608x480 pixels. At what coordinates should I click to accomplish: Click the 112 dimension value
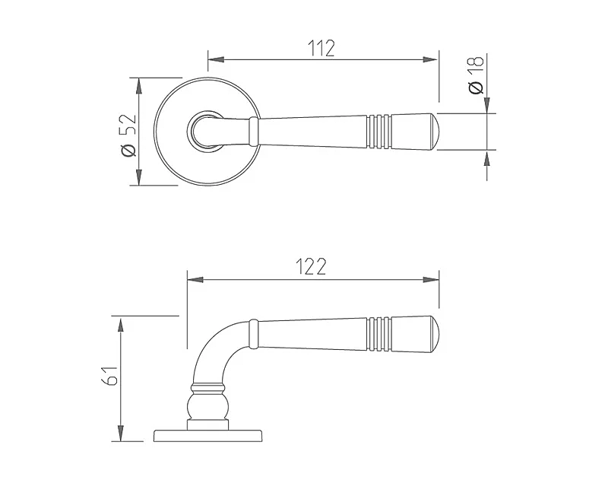point(321,48)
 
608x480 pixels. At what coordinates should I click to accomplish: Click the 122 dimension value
point(311,266)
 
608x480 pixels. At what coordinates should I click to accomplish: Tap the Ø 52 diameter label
point(128,135)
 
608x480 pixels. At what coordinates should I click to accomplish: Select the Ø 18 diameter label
point(477,75)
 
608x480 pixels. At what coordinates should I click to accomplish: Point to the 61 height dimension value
point(109,376)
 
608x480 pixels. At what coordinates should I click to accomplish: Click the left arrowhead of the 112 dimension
point(216,59)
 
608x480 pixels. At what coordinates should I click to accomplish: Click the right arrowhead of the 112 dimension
point(430,59)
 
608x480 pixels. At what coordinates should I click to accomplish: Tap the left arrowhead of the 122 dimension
point(195,279)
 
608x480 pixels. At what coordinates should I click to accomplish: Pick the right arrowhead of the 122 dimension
point(431,279)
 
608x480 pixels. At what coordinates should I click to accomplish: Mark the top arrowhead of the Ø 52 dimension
point(139,86)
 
